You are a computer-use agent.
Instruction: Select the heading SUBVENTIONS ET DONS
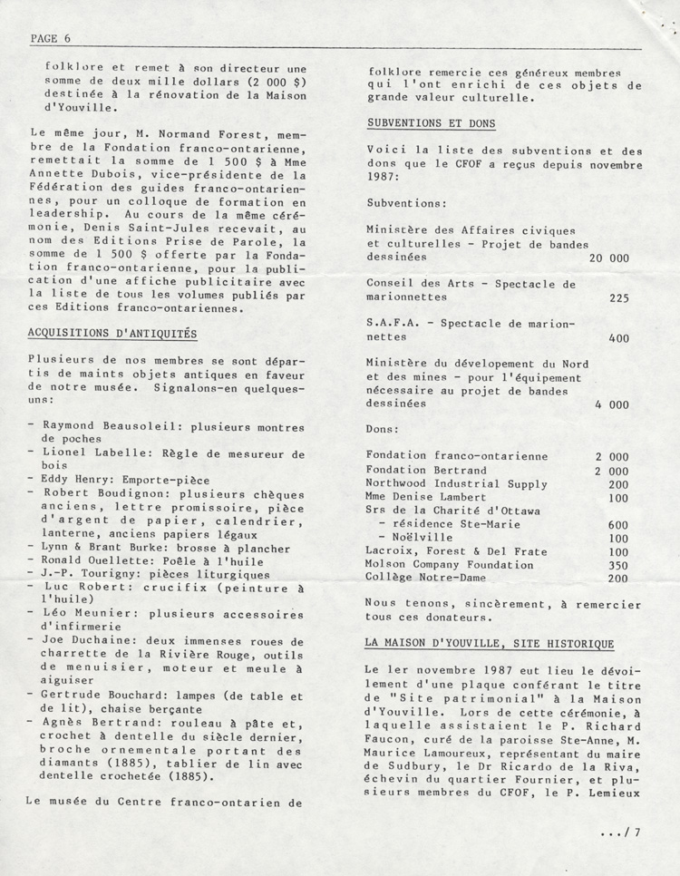(x=431, y=122)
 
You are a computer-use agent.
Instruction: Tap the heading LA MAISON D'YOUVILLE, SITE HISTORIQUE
(x=490, y=643)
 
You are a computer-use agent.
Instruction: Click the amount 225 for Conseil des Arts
(x=619, y=297)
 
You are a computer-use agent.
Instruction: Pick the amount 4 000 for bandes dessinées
(x=612, y=404)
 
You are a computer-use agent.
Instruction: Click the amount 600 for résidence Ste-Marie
(x=617, y=524)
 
